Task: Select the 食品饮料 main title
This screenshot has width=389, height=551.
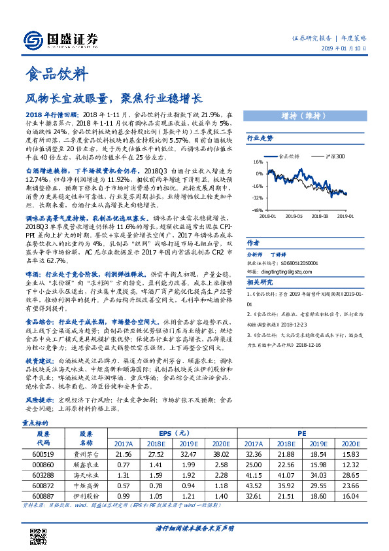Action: [56, 75]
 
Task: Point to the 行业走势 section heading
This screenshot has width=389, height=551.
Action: [260, 138]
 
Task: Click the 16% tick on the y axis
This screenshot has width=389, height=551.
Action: [257, 161]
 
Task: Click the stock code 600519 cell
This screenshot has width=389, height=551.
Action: [42, 453]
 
